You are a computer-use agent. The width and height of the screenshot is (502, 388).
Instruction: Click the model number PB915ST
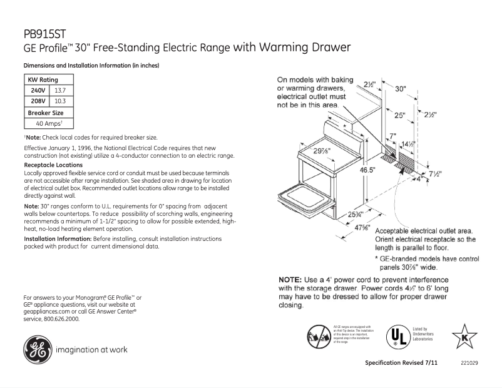[45, 35]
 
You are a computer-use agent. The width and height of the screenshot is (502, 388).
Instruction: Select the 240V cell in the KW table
[39, 90]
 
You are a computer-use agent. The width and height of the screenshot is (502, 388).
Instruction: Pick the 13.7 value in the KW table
[61, 90]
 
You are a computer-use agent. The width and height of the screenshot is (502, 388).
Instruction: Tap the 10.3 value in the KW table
[61, 101]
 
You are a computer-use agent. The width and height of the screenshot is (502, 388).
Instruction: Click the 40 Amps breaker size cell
[48, 123]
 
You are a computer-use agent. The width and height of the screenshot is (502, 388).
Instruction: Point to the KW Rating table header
[43, 80]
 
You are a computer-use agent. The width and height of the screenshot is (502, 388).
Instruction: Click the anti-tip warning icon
[319, 335]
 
